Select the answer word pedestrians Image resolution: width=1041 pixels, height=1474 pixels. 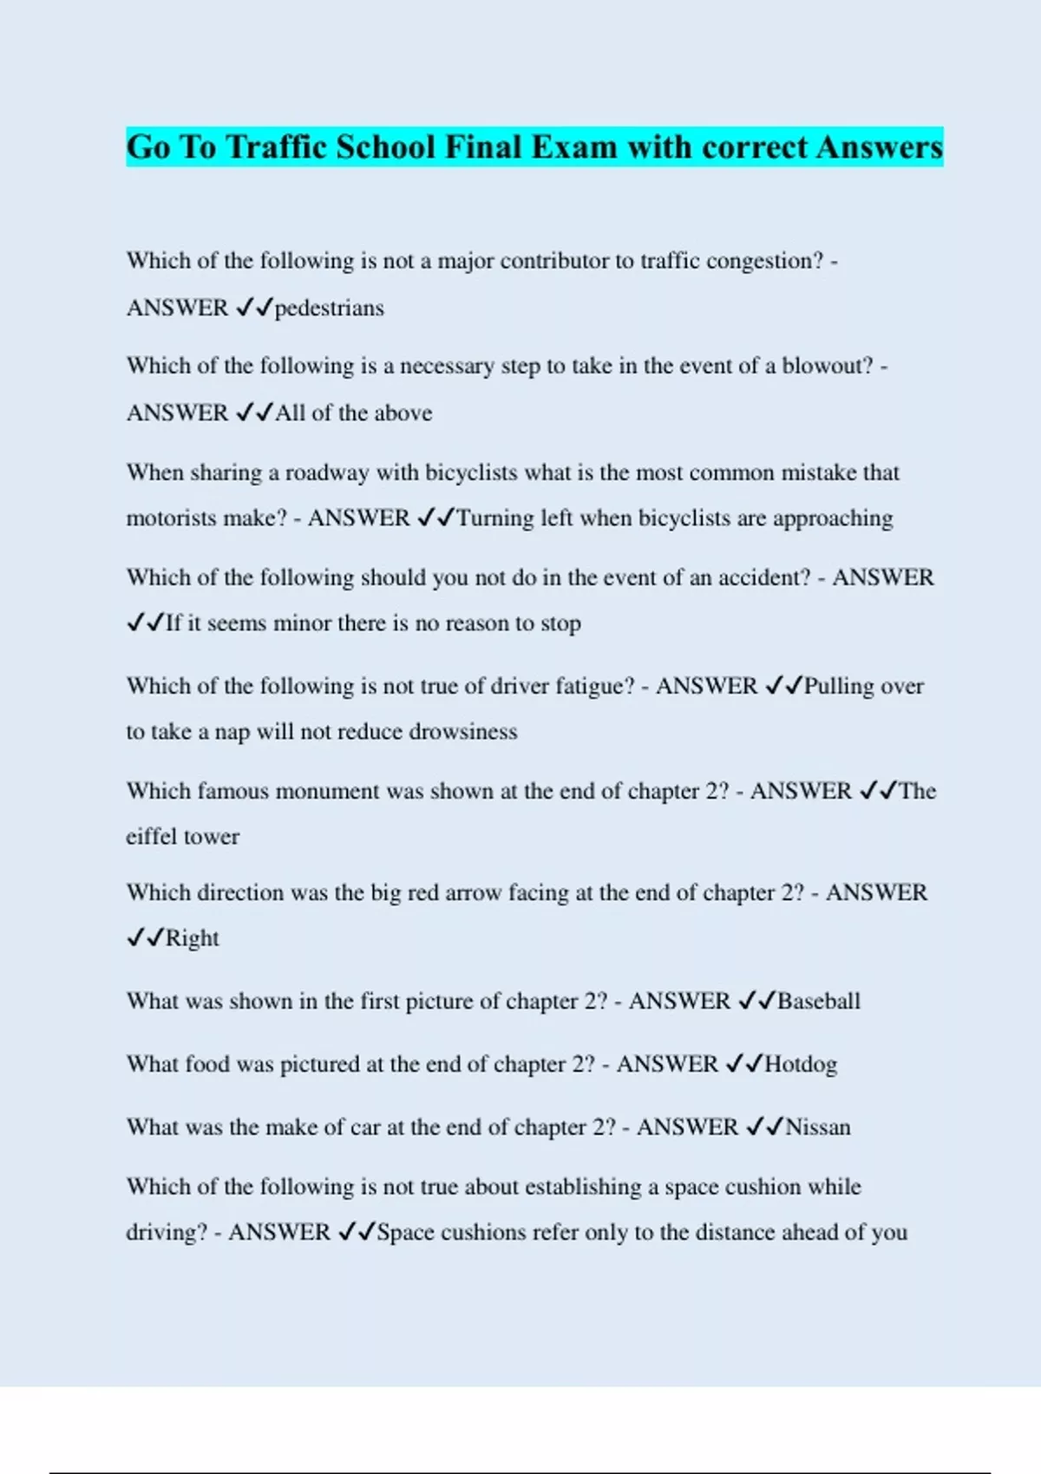click(x=330, y=308)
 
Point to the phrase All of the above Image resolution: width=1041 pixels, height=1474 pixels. click(x=354, y=413)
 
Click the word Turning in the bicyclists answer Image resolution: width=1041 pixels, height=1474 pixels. click(x=494, y=519)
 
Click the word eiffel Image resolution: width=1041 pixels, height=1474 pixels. click(x=151, y=837)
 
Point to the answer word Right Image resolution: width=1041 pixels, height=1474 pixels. click(x=193, y=938)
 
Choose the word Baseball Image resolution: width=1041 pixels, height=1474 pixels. click(x=819, y=1001)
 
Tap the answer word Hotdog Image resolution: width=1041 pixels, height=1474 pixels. click(x=801, y=1064)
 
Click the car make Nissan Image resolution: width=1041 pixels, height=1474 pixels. click(x=818, y=1127)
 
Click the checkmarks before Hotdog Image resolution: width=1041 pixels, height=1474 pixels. click(x=743, y=1064)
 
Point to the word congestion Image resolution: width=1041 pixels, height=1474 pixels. click(x=763, y=261)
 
